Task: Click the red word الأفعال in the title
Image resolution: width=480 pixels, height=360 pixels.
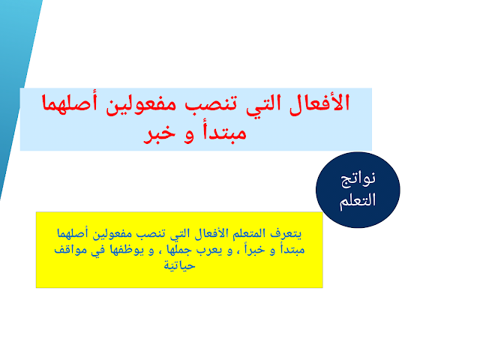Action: pos(319,103)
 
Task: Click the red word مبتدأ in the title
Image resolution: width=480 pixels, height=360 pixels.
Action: pos(224,133)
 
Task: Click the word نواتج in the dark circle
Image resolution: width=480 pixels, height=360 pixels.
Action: pos(358,179)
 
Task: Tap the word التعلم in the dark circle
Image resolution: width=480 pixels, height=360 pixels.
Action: pos(358,201)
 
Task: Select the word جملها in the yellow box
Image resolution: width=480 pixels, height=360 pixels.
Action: pos(179,250)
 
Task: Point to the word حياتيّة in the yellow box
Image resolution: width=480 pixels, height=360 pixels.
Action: pos(179,265)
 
